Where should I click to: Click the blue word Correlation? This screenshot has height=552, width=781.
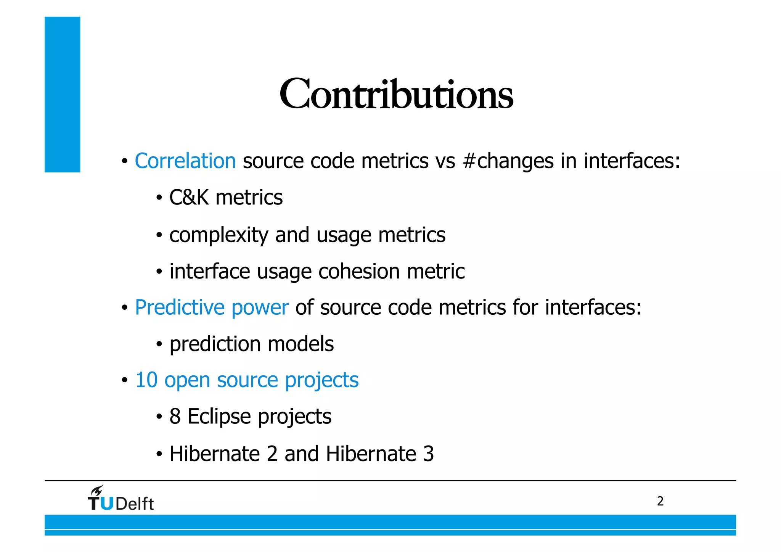point(185,161)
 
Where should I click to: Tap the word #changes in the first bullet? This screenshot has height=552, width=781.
point(508,161)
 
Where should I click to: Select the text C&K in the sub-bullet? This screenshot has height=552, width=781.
point(189,198)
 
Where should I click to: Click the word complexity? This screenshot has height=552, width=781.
point(219,235)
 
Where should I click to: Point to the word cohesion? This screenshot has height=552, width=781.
point(359,272)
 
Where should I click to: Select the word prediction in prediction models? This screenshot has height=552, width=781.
point(215,344)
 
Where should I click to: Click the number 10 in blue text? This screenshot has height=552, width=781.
point(146,380)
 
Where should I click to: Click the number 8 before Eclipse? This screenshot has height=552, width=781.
point(175,416)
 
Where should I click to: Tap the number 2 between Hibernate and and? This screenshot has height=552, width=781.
point(272,454)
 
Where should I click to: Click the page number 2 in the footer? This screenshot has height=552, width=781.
point(660,501)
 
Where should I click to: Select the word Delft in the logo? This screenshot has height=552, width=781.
point(134,504)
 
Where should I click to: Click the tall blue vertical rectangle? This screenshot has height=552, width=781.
point(63,94)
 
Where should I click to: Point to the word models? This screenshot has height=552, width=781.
point(301,344)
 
